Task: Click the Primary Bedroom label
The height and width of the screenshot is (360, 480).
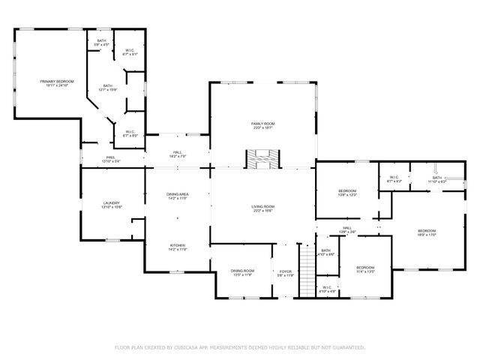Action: pyautogui.click(x=57, y=82)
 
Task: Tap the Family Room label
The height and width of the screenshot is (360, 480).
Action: pyautogui.click(x=263, y=125)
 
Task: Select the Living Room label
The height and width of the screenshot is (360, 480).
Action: pyautogui.click(x=263, y=208)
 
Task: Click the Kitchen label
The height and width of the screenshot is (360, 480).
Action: pyautogui.click(x=177, y=246)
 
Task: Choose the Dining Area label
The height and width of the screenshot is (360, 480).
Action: pyautogui.click(x=177, y=196)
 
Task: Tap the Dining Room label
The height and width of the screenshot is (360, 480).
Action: pyautogui.click(x=242, y=271)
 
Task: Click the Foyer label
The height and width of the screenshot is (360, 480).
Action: pyautogui.click(x=286, y=271)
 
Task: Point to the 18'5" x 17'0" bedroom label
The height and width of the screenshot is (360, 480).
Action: pyautogui.click(x=427, y=232)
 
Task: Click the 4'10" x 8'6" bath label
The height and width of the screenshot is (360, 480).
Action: pyautogui.click(x=325, y=253)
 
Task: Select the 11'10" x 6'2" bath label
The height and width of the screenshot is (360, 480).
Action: pyautogui.click(x=437, y=179)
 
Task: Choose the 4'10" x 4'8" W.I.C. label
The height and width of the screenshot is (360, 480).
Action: pyautogui.click(x=327, y=289)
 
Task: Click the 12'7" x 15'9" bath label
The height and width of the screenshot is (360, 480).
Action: pyautogui.click(x=108, y=88)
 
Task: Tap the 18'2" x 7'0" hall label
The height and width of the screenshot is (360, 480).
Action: pyautogui.click(x=178, y=154)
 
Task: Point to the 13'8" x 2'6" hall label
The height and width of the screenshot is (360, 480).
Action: pyautogui.click(x=347, y=229)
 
